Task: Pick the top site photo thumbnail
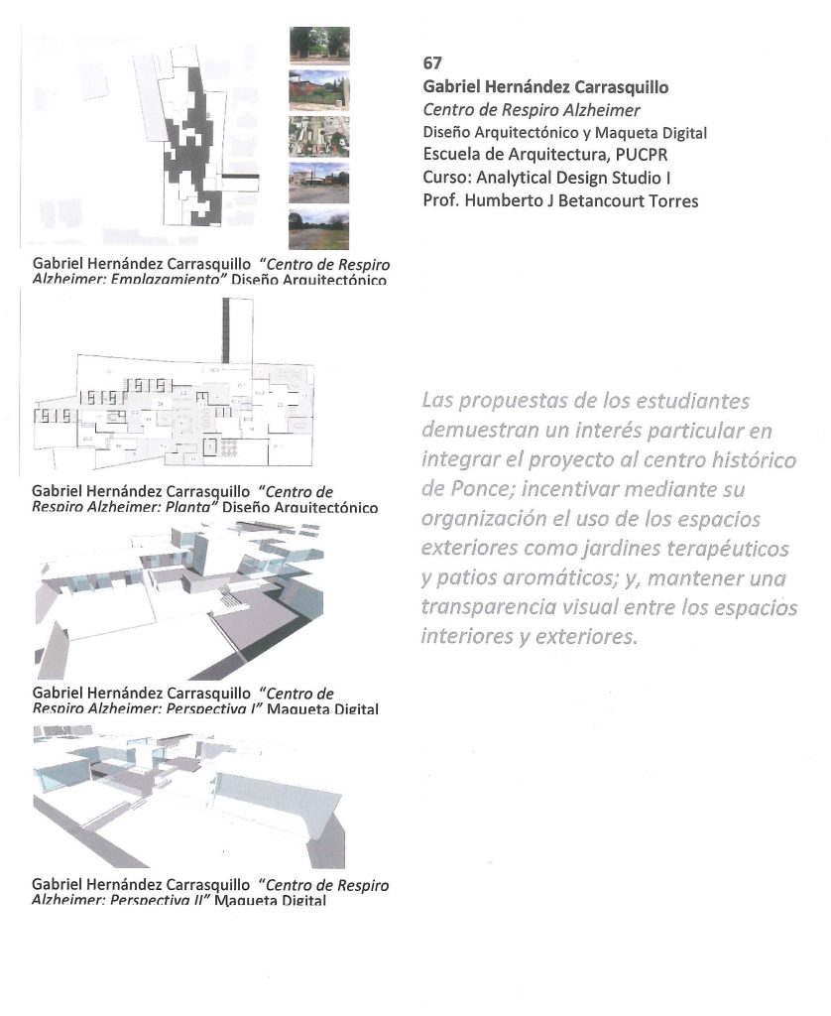click(x=318, y=46)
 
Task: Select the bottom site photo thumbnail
click(x=318, y=229)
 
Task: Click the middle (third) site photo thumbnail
click(x=318, y=137)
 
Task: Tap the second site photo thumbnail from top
click(x=318, y=90)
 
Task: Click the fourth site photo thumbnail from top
click(x=318, y=184)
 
